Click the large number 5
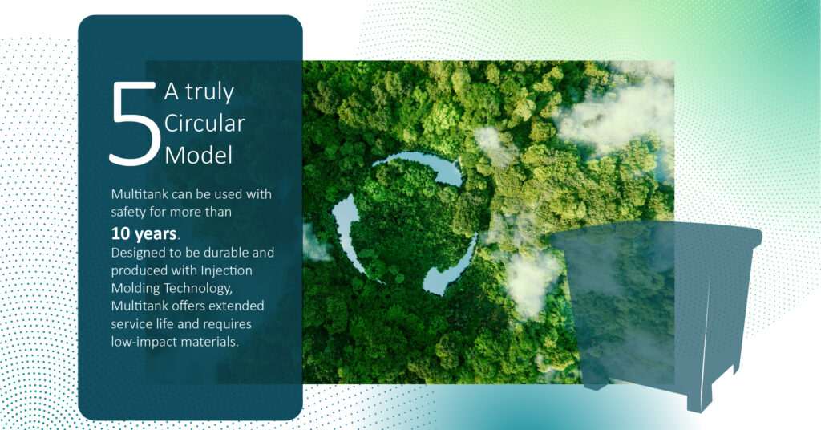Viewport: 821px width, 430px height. [x=134, y=124]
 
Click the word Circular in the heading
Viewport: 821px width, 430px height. [x=204, y=123]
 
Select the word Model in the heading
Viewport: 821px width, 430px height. [x=199, y=155]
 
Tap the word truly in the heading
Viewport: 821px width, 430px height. [x=209, y=93]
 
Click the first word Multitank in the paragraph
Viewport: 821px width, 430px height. [x=140, y=194]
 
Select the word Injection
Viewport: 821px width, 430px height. [x=226, y=270]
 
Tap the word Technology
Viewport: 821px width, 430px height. [x=198, y=289]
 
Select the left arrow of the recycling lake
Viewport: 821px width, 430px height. [x=346, y=230]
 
